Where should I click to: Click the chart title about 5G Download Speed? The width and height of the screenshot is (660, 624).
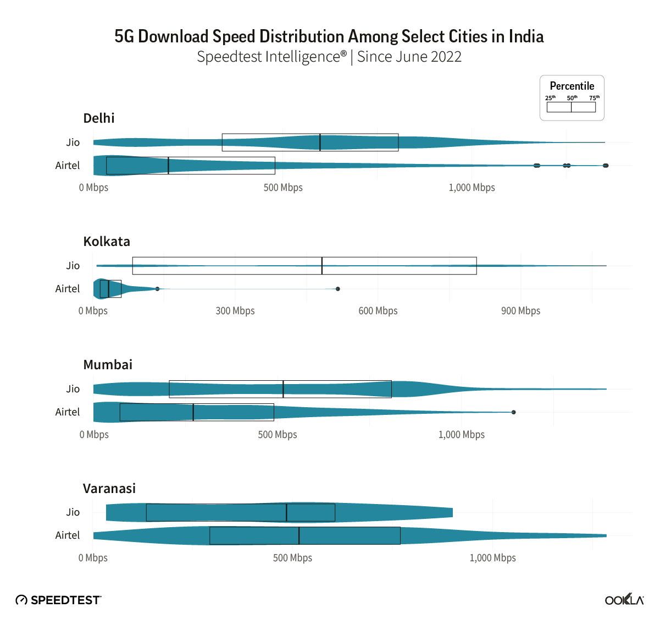point(329,36)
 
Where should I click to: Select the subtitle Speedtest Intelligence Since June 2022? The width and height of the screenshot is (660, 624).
point(329,57)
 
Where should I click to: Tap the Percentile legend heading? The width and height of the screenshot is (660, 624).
point(572,86)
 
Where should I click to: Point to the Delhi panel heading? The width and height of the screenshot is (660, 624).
point(99,118)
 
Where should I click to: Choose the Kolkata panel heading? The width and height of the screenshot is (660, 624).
point(107,242)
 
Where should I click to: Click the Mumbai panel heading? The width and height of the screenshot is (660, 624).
point(108,365)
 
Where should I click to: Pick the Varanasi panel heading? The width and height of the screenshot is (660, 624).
point(109,489)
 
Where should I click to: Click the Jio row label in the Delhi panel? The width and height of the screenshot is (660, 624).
point(73,143)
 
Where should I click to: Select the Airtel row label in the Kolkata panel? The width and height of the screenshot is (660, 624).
point(68,289)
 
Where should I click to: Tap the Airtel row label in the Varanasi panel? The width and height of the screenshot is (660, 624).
point(68,535)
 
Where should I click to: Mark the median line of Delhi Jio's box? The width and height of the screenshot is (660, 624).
point(320,143)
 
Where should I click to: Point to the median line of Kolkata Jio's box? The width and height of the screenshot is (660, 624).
point(322,266)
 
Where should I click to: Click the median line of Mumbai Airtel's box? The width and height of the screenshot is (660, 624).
point(193,412)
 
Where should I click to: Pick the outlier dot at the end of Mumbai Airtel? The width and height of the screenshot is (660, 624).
point(513,412)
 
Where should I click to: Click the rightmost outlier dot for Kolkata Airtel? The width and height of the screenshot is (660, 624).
point(338,289)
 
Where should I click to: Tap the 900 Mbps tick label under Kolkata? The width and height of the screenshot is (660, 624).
point(520,311)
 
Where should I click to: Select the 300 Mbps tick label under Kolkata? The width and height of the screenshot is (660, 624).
point(235,311)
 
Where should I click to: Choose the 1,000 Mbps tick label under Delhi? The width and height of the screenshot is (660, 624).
point(472,188)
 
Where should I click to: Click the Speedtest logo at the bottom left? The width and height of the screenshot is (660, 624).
point(58,600)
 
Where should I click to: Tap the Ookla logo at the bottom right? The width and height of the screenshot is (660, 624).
point(624,600)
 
